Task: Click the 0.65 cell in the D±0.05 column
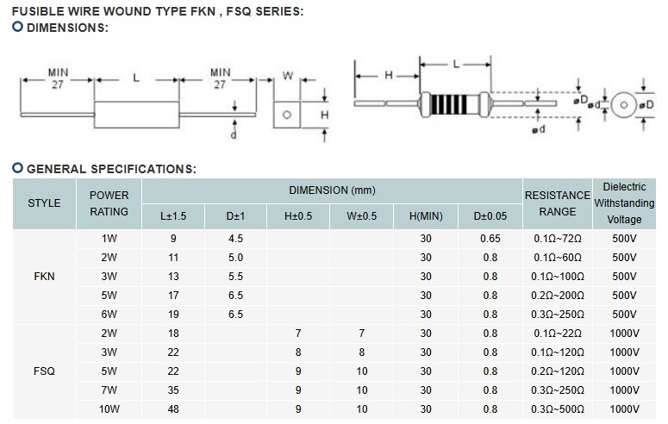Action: click(x=490, y=238)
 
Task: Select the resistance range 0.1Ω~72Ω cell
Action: click(x=558, y=238)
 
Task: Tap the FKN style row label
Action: click(x=44, y=277)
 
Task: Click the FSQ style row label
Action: click(x=44, y=371)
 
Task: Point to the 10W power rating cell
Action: click(x=109, y=409)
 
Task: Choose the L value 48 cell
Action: click(x=173, y=409)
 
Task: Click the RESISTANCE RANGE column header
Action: click(x=558, y=203)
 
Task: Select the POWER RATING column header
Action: click(x=109, y=203)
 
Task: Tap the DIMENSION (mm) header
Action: click(x=332, y=190)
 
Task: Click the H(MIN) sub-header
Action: click(x=426, y=216)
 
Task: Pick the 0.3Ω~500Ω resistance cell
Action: click(x=558, y=409)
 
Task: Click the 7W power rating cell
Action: click(x=109, y=390)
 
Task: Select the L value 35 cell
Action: click(x=173, y=390)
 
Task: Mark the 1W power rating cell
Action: click(x=109, y=238)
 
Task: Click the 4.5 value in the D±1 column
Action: click(x=235, y=238)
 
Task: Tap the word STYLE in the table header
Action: click(x=44, y=203)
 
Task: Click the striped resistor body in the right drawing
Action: click(x=453, y=103)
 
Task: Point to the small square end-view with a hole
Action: click(x=288, y=114)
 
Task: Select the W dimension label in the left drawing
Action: click(x=289, y=77)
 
